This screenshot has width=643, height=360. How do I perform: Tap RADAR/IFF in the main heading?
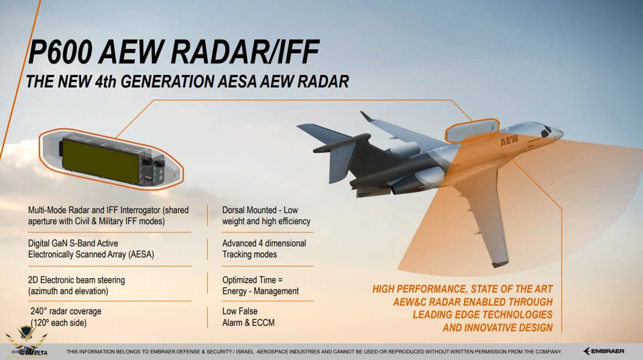tap(245, 52)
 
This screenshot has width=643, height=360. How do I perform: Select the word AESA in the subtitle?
tap(237, 82)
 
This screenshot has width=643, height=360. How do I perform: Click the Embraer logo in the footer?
tap(603, 351)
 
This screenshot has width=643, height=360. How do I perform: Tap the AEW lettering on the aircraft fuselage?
tap(509, 140)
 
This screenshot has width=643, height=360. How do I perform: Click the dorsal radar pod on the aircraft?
tap(471, 130)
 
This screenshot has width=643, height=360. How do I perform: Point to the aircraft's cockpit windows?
tap(546, 131)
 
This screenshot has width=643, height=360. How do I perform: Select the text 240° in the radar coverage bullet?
tap(38, 311)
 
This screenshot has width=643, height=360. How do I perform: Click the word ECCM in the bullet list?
tap(263, 322)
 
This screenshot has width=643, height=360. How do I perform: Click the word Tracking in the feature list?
tap(237, 255)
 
